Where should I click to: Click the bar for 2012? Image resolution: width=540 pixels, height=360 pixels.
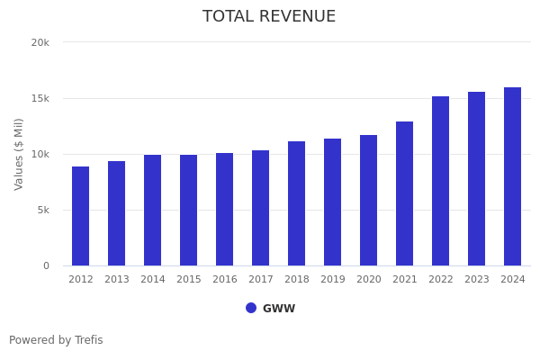pos(81,216)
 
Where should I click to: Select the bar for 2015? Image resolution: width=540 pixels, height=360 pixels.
pos(189,211)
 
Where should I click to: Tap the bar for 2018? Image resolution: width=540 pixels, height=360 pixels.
pos(297,203)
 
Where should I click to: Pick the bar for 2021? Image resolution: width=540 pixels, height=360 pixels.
pos(405,193)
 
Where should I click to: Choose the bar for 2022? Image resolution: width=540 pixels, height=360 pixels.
pos(441,181)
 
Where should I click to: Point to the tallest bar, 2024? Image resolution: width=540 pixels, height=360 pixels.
pos(513,176)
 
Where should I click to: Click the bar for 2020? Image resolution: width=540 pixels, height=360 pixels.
pos(369,200)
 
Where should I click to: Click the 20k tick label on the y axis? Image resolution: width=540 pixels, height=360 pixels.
pos(40,42)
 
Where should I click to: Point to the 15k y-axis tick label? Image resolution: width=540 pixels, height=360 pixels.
pos(40,98)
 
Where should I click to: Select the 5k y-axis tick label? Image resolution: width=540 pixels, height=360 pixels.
pos(42,210)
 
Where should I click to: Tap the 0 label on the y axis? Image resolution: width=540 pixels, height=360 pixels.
pos(45,265)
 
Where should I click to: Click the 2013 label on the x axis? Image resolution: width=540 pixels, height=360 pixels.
pos(117,280)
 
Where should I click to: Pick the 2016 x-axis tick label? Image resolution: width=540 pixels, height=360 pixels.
pos(225,280)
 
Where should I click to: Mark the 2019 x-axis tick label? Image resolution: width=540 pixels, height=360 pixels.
pos(333,280)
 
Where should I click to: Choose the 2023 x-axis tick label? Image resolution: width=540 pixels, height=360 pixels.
pos(477,280)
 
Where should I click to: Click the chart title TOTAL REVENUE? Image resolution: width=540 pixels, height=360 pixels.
pos(269,17)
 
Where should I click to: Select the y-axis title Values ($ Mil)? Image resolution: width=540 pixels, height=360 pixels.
pos(19,154)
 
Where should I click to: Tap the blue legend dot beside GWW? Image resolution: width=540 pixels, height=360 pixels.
pos(251,308)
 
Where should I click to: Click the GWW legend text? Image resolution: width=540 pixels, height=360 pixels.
pos(279,309)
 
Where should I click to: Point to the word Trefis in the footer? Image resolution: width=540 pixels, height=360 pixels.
pos(88,340)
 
